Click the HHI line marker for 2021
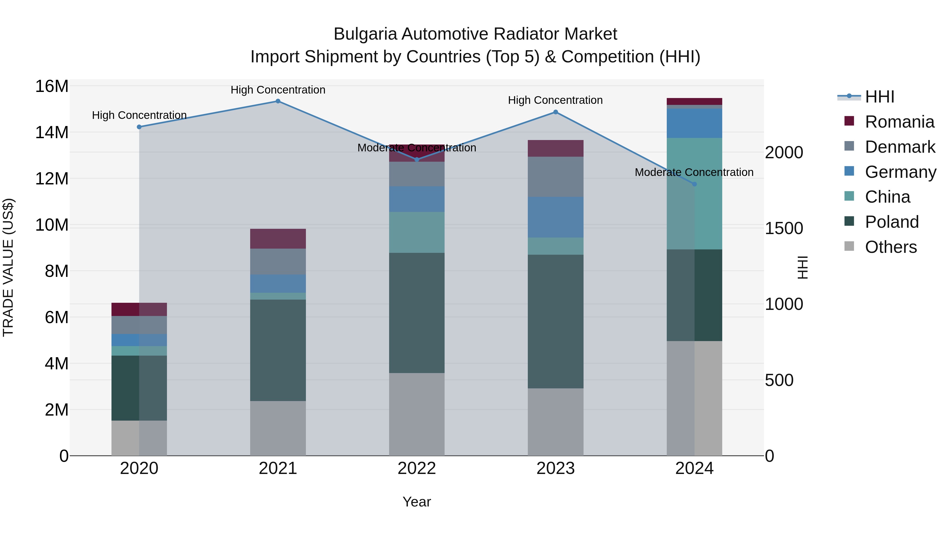coord(278,101)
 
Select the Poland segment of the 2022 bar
coord(417,313)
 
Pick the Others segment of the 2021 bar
coord(278,428)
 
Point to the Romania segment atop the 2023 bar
coord(555,148)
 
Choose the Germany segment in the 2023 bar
coord(555,217)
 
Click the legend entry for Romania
coord(899,122)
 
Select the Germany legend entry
coord(900,172)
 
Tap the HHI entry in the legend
coord(879,97)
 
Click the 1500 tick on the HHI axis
coord(784,229)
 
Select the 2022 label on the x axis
coord(417,468)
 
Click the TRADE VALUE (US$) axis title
coord(8,267)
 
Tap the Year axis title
coord(417,502)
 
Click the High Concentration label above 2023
coord(555,100)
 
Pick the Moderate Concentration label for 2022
coord(417,148)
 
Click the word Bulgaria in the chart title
coord(366,34)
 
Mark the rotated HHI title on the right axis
coord(802,267)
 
